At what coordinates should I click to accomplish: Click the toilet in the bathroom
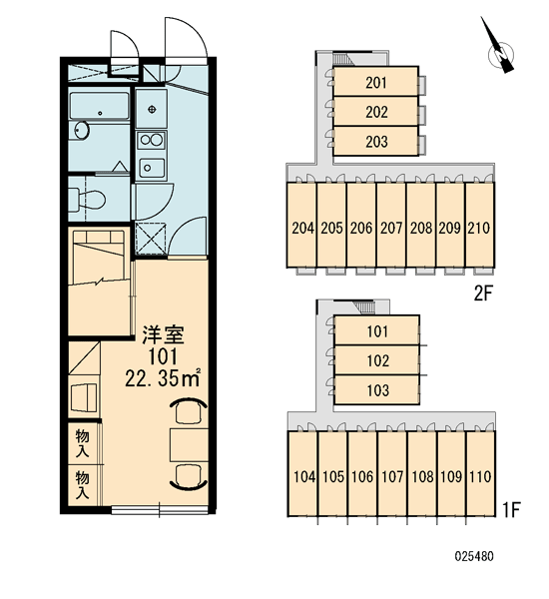[x=88, y=199]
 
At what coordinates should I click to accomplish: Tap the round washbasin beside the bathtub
[x=82, y=131]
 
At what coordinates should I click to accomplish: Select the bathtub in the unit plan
[x=100, y=106]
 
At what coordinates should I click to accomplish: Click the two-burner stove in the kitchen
[x=152, y=140]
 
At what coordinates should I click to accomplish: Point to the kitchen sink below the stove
[x=152, y=168]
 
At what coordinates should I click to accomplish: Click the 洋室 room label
[x=163, y=335]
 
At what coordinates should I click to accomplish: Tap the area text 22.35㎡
[x=163, y=377]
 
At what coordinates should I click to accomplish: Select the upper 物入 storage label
[x=83, y=443]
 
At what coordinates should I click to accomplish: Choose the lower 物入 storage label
[x=83, y=485]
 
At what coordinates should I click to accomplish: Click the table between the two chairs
[x=189, y=444]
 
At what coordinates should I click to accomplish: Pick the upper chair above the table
[x=189, y=410]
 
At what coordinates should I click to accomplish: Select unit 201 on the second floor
[x=376, y=83]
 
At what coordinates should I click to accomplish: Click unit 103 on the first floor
[x=377, y=390]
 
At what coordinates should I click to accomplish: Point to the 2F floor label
[x=483, y=294]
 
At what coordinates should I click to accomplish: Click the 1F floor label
[x=511, y=509]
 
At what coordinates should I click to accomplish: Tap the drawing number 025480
[x=474, y=556]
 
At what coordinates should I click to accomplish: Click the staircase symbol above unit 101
[x=364, y=306]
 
